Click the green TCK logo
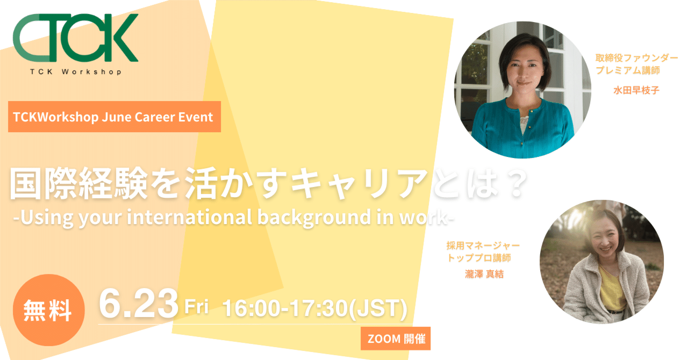[75, 39]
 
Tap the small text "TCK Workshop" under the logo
[75, 71]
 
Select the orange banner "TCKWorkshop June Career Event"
[114, 117]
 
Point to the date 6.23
[138, 305]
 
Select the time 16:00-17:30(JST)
[314, 308]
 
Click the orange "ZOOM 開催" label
[396, 339]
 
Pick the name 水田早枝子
[636, 90]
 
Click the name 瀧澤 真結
[484, 274]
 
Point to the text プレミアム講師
[627, 70]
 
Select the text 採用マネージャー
[483, 246]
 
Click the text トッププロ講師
[479, 258]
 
